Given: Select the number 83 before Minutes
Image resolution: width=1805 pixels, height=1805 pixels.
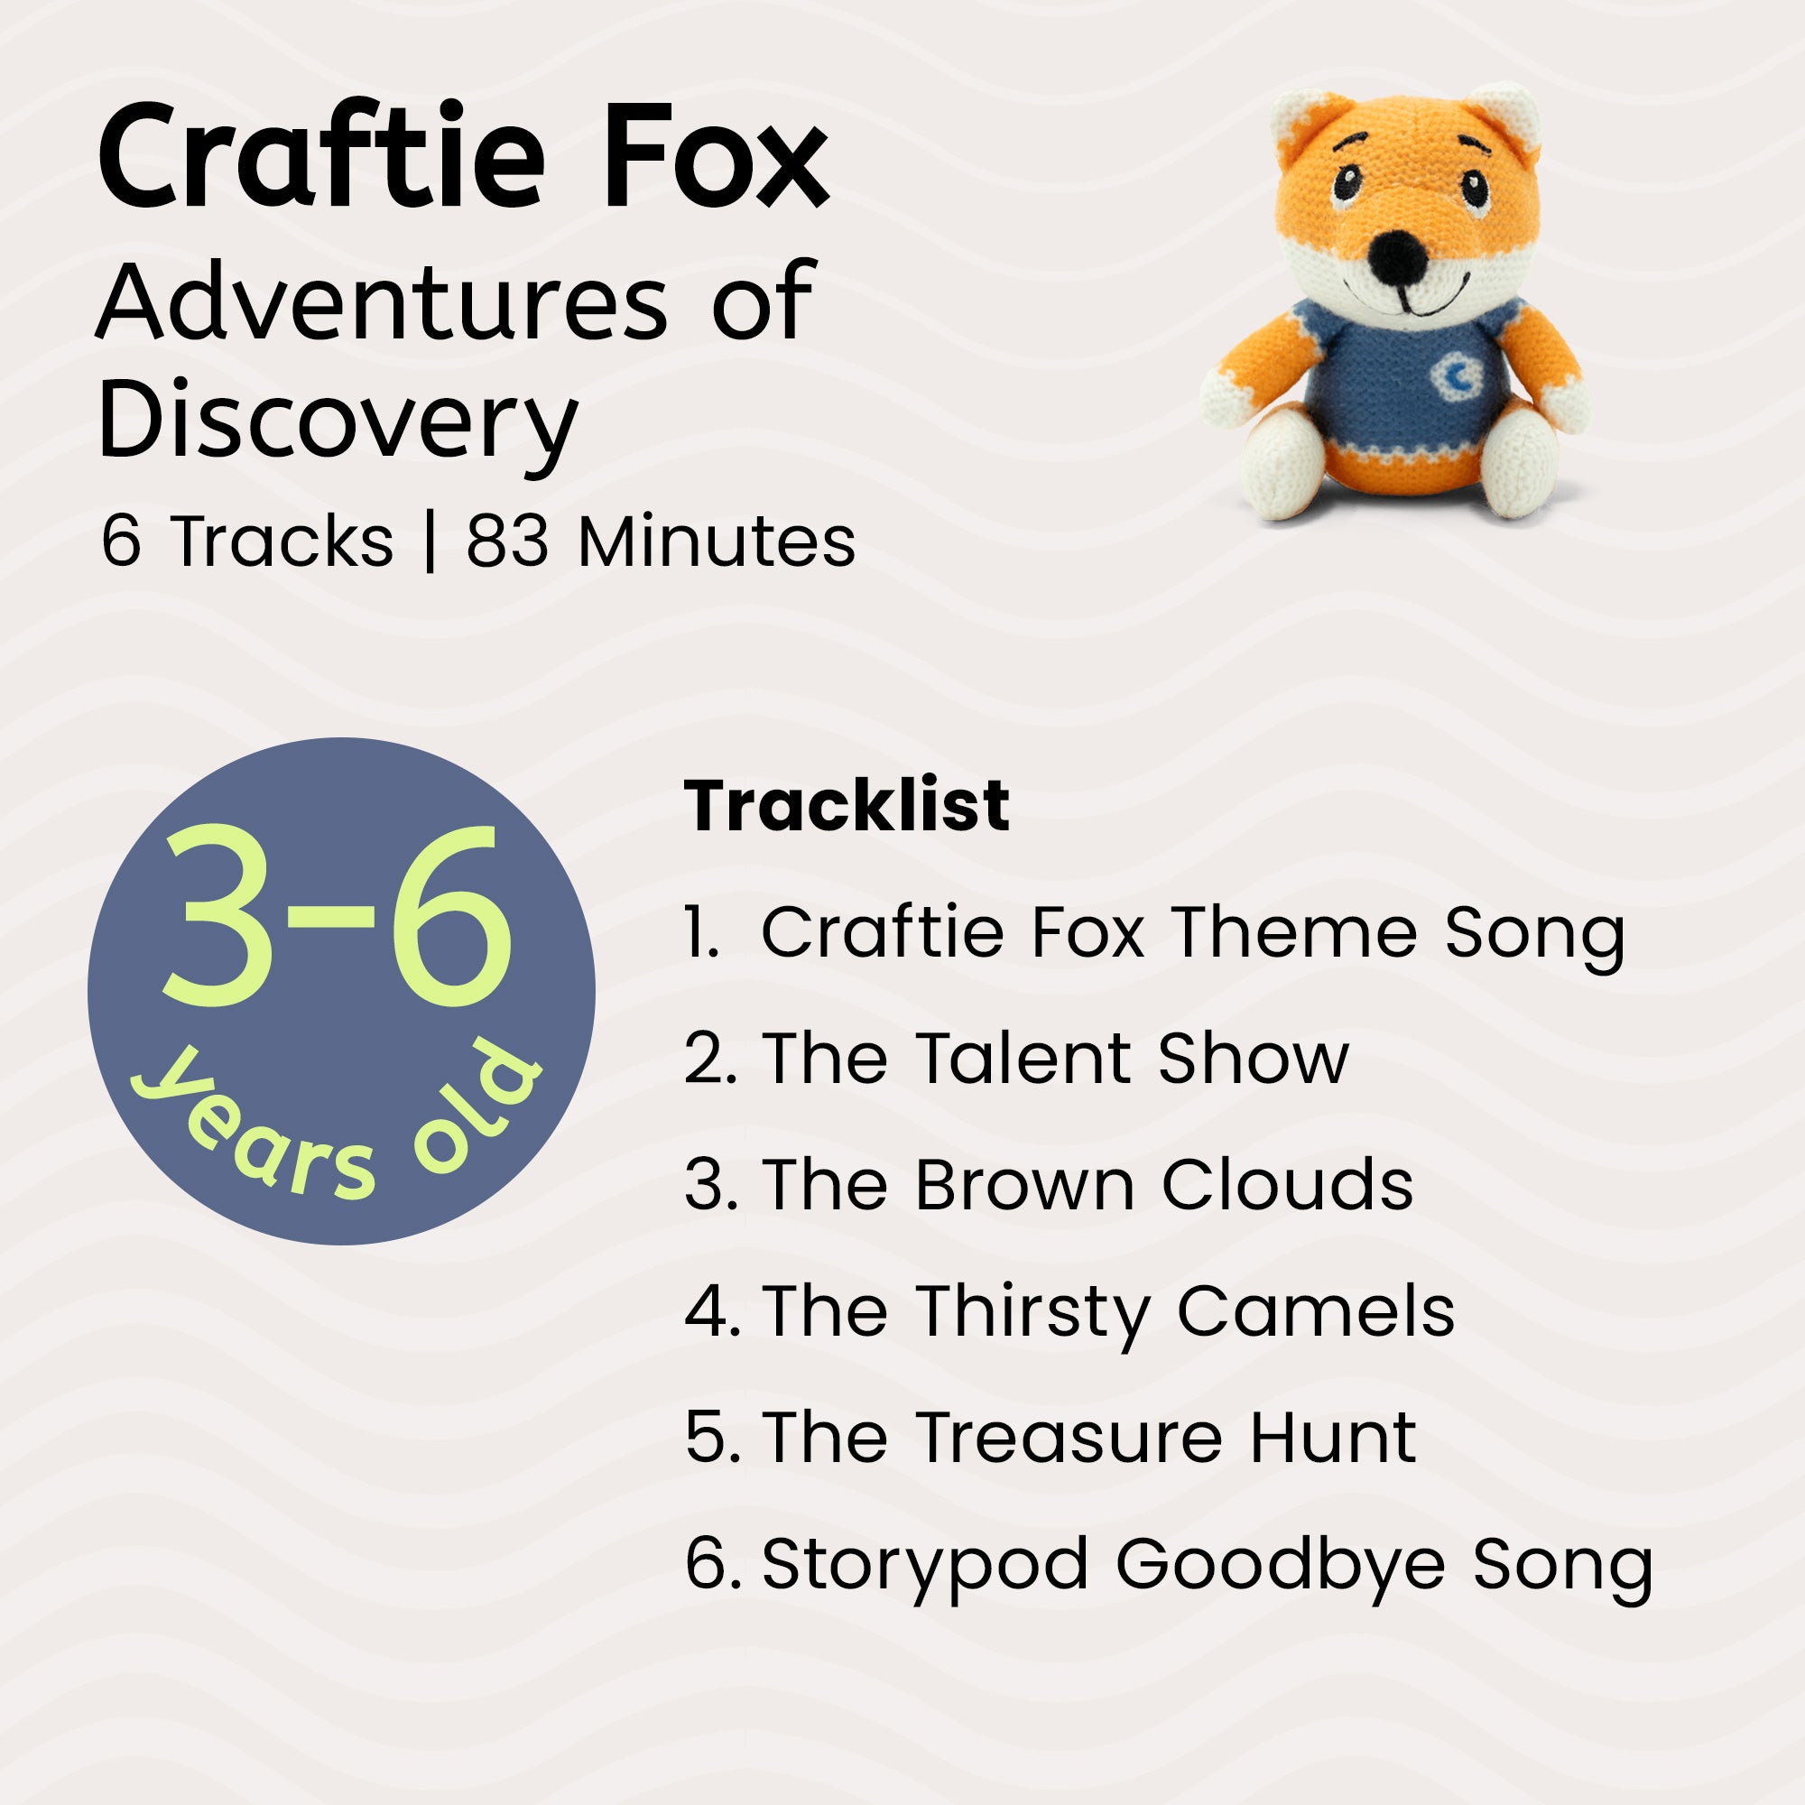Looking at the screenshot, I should [507, 541].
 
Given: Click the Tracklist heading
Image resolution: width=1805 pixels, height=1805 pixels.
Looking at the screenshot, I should [847, 804].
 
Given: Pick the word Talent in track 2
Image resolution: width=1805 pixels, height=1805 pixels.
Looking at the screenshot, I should [1023, 1059].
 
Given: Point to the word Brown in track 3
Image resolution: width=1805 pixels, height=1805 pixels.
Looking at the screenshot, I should [1024, 1185].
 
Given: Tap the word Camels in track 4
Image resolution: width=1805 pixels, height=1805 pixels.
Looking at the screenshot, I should [1316, 1310].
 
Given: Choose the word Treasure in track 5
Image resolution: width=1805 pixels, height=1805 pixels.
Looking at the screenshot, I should [1069, 1437].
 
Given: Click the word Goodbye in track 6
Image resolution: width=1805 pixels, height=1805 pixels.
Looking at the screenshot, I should [1280, 1564].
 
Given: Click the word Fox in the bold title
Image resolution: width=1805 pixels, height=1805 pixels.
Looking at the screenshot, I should [715, 157].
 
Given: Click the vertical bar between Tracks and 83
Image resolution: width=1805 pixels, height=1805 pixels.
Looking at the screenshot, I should [430, 541].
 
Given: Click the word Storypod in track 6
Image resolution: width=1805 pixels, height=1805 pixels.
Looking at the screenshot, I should [925, 1566].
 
